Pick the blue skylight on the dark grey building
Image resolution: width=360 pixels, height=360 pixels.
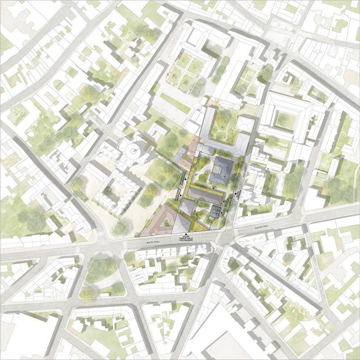click(219, 170)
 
